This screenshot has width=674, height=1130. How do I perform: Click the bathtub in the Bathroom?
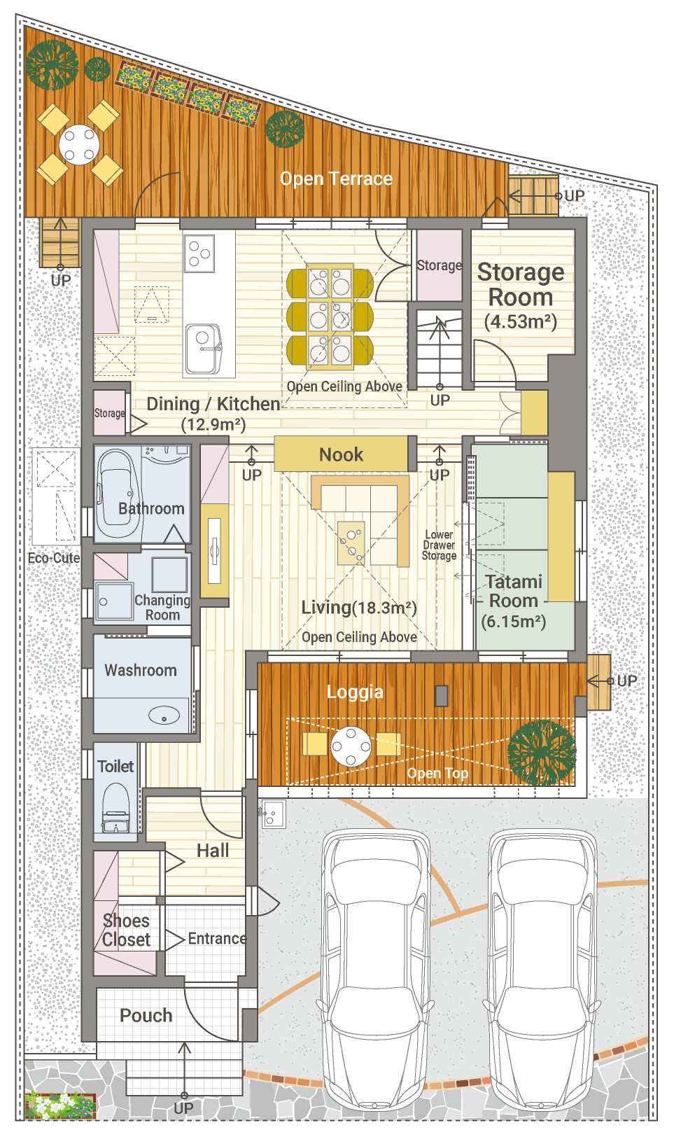tap(117, 494)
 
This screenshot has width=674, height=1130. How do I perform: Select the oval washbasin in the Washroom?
tap(164, 715)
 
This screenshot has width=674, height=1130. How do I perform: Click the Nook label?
tap(341, 454)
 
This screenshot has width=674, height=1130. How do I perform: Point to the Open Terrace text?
tap(336, 179)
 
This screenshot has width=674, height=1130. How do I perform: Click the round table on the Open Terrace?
tap(79, 144)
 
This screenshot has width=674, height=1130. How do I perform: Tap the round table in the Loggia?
tap(351, 746)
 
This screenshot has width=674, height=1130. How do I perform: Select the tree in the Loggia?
tap(542, 752)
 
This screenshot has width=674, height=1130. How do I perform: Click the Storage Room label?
tap(521, 284)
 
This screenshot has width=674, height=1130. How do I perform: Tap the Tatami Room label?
tap(514, 591)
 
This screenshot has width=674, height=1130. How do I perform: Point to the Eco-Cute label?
tap(54, 558)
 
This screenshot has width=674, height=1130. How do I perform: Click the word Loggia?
tap(355, 692)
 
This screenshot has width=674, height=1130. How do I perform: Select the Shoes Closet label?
tap(126, 930)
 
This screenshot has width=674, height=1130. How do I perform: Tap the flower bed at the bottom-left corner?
tap(60, 1105)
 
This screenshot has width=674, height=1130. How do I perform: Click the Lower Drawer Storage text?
tap(439, 545)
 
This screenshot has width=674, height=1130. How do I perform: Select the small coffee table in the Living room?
tap(351, 543)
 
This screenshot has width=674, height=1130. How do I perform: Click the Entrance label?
tap(217, 938)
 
